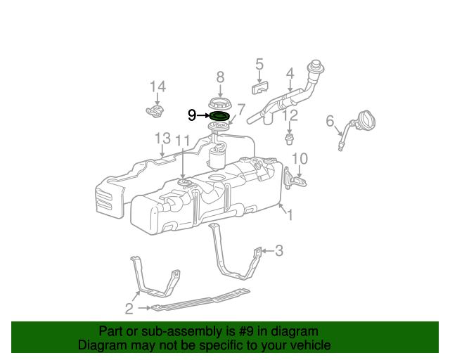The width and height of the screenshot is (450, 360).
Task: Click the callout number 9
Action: (x=192, y=115)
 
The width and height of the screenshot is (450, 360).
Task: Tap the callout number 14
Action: (x=157, y=86)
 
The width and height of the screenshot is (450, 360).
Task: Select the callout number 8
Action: (x=220, y=77)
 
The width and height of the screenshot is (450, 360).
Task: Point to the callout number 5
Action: (x=259, y=65)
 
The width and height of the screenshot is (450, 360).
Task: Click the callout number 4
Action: (x=290, y=73)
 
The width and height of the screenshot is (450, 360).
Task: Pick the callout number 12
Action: (x=290, y=115)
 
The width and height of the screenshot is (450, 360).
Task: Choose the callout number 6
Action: (x=330, y=121)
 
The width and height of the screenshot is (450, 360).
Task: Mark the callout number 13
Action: (x=162, y=138)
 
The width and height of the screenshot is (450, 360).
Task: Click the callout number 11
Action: (x=183, y=141)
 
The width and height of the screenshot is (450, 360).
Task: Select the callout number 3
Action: (x=278, y=250)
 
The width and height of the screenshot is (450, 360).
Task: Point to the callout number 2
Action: (x=129, y=308)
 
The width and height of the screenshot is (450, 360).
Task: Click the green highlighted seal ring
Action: (x=220, y=115)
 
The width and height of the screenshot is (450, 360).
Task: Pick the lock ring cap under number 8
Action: (x=220, y=101)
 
